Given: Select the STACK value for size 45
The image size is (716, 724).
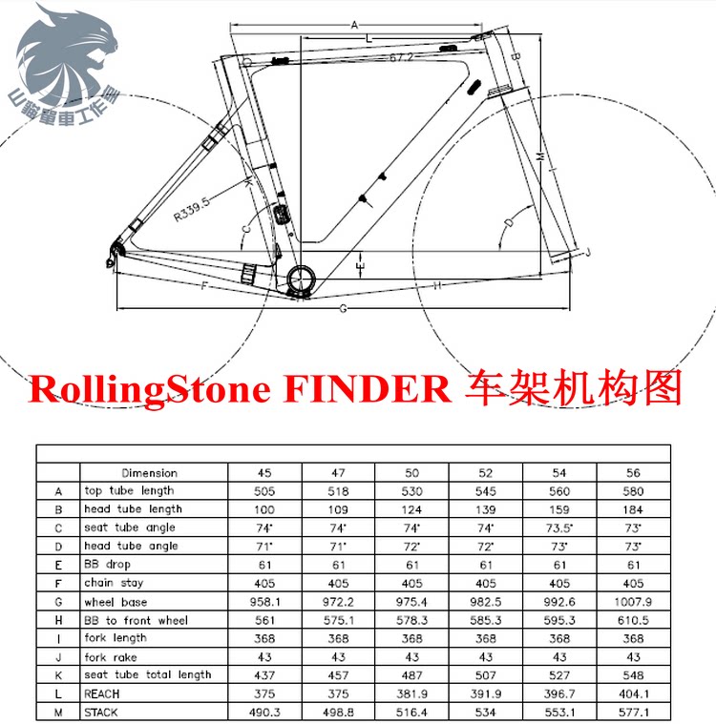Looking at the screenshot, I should click(264, 713).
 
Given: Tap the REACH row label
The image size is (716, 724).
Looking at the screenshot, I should click(102, 694).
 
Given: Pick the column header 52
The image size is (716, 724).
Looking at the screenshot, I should click(486, 472).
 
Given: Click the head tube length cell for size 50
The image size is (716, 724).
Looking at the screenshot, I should click(411, 509).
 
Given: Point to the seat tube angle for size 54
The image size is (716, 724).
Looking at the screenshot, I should click(559, 527).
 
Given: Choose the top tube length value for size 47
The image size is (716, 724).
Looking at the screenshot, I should click(338, 491).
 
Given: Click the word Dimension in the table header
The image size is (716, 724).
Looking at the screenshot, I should click(149, 472).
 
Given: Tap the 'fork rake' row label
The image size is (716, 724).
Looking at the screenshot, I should click(111, 657).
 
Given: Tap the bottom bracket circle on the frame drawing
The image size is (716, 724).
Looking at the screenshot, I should click(300, 277).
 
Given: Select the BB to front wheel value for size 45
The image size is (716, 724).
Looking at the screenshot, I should click(264, 620).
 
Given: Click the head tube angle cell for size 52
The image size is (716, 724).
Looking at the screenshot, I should click(486, 547).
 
